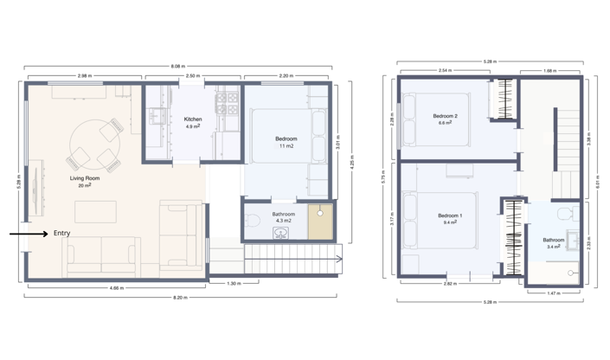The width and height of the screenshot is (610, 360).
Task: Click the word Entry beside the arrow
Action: click(62, 234)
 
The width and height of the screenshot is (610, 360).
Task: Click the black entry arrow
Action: click(29, 234)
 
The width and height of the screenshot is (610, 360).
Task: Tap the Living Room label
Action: click(86, 178)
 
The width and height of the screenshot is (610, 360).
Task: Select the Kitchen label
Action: click(193, 119)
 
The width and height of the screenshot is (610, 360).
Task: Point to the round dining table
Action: click(92, 142)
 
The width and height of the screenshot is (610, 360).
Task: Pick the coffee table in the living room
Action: click(95, 212)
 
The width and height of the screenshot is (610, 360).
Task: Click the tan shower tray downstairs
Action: click(320, 220)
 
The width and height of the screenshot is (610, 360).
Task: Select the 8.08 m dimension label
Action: click(177, 67)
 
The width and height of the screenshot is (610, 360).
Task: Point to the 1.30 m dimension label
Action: click(233, 283)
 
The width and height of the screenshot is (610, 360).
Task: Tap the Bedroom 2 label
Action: click(446, 116)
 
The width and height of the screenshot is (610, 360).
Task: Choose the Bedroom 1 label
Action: click(450, 215)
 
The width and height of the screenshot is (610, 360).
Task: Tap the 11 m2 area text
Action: click(286, 147)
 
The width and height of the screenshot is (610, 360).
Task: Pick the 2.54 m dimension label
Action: click(444, 70)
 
